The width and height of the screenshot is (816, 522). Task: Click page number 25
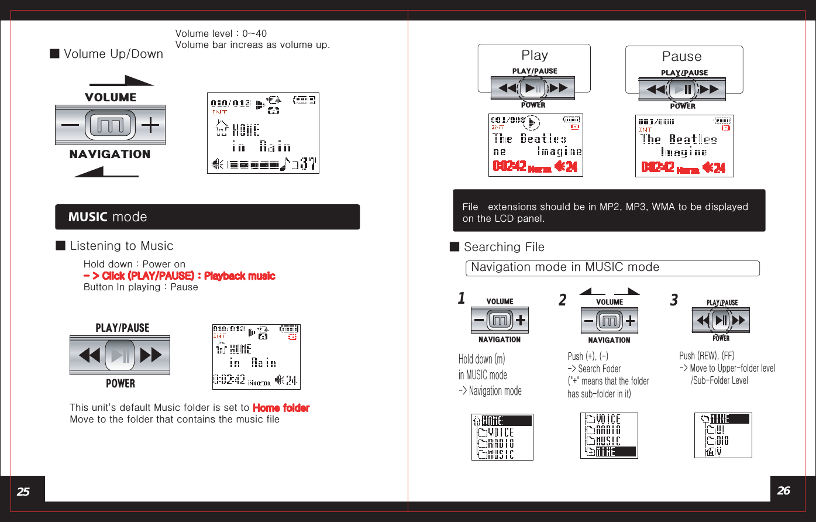23,492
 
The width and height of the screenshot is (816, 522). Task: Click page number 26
784,490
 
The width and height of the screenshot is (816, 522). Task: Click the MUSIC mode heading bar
207,217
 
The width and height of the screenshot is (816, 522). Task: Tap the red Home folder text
281,408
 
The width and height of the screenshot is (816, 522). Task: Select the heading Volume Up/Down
113,54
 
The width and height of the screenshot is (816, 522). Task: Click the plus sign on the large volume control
150,125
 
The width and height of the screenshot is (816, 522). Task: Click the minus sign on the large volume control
70,125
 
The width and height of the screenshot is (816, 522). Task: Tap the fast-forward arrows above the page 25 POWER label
150,355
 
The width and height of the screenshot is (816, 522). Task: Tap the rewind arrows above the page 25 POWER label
89,355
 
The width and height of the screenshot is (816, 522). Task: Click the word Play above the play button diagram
535,55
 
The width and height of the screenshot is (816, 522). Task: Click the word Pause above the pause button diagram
681,56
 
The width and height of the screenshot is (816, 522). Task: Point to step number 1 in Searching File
462,298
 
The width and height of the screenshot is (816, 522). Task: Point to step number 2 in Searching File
563,300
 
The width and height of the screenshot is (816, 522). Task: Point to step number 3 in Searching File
674,300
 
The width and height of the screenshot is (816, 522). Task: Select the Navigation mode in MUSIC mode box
612,268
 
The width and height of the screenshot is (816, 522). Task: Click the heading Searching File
504,247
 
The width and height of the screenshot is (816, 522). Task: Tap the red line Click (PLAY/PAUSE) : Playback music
179,276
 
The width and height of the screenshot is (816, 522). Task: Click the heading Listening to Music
121,246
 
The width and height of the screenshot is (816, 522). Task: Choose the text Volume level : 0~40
221,33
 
